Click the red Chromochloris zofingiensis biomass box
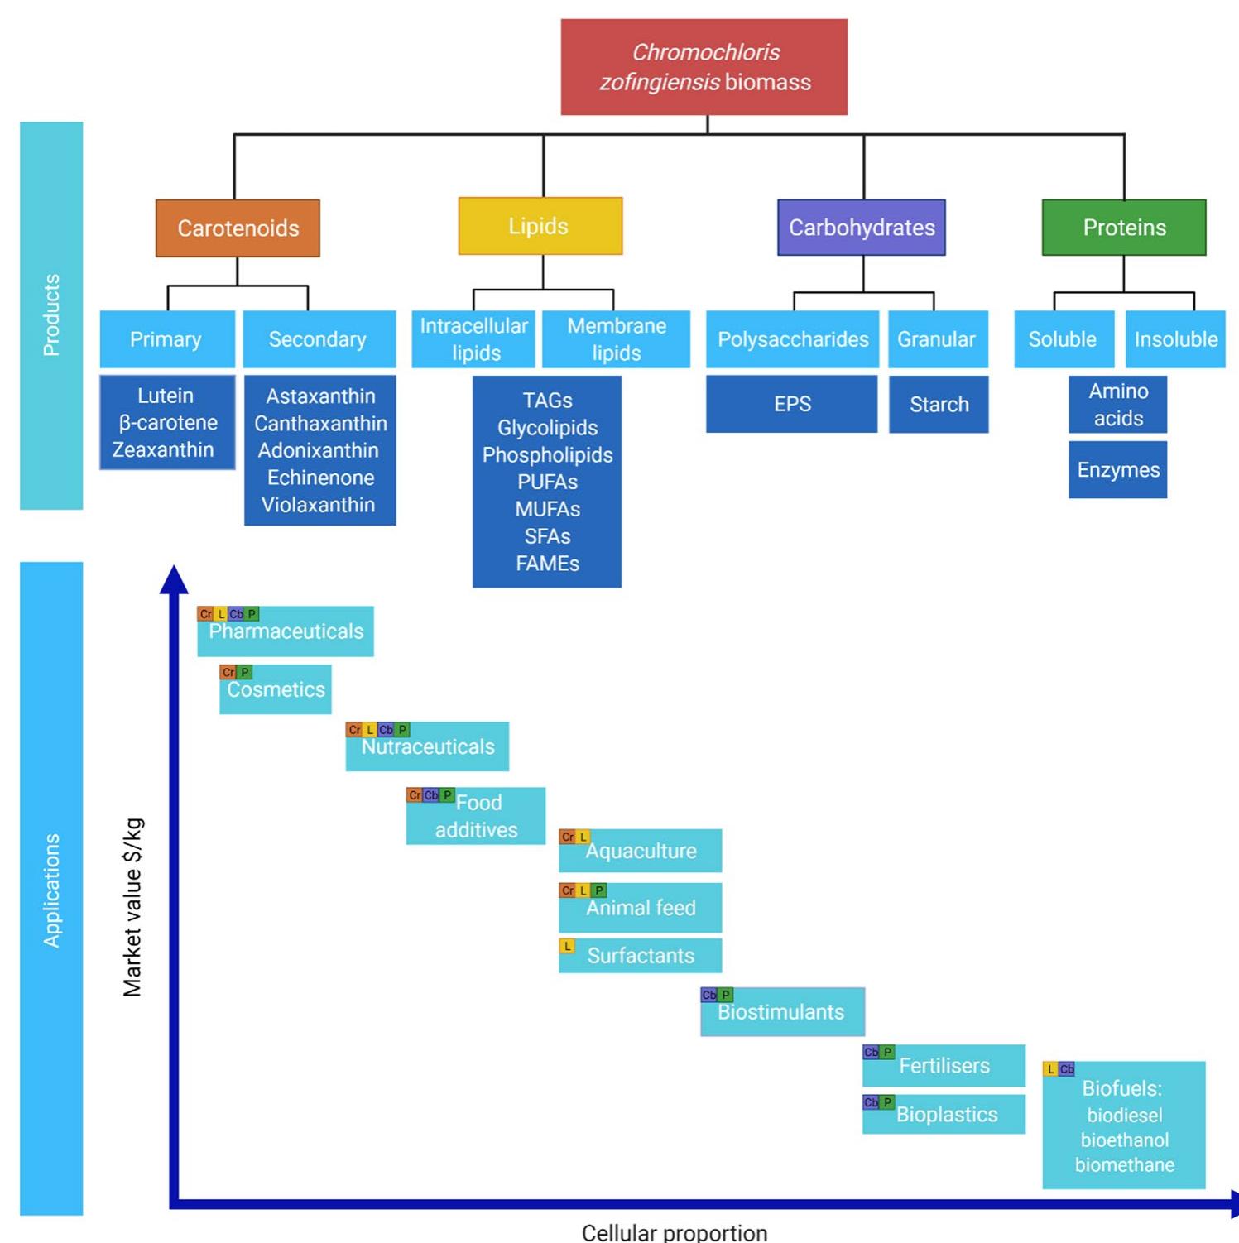point(704,67)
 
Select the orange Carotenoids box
point(238,228)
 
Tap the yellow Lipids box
point(540,226)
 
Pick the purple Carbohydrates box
point(861,228)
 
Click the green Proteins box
point(1123,228)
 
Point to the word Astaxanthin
point(320,396)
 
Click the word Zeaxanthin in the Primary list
point(163,449)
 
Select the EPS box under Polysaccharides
point(791,404)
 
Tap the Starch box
point(939,405)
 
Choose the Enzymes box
point(1117,470)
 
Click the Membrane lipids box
point(616,339)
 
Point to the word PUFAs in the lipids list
point(547,482)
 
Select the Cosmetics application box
point(276,690)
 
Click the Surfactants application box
point(640,956)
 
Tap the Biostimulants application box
point(781,1012)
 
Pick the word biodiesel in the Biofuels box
point(1124,1116)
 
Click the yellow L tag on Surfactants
point(567,946)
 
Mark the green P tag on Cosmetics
point(244,672)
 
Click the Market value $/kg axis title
point(132,907)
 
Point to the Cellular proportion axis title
point(674,1232)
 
